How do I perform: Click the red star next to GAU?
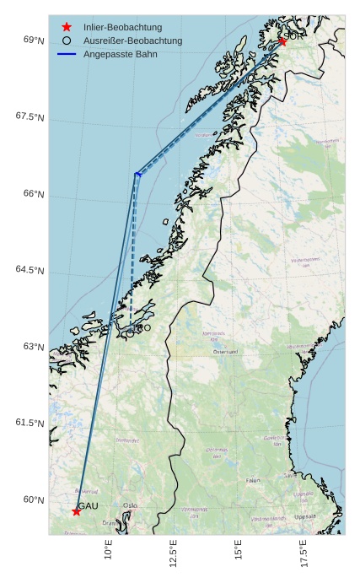tap(76, 511)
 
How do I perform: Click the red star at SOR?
tap(282, 41)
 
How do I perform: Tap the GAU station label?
tap(89, 505)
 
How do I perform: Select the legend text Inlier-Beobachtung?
tap(122, 28)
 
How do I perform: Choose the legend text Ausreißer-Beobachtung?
tap(132, 40)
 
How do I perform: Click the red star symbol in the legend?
tap(67, 28)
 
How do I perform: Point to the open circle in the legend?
tap(67, 40)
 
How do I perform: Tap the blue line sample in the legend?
tap(67, 54)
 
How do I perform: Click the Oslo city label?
tap(130, 505)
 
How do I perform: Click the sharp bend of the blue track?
tap(137, 175)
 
